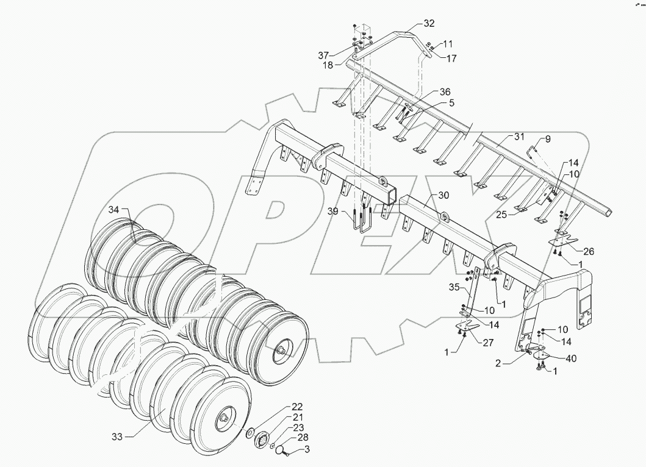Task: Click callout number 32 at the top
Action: coord(429,24)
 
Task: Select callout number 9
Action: coord(547,139)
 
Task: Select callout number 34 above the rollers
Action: coord(115,210)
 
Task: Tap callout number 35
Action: coord(454,287)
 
